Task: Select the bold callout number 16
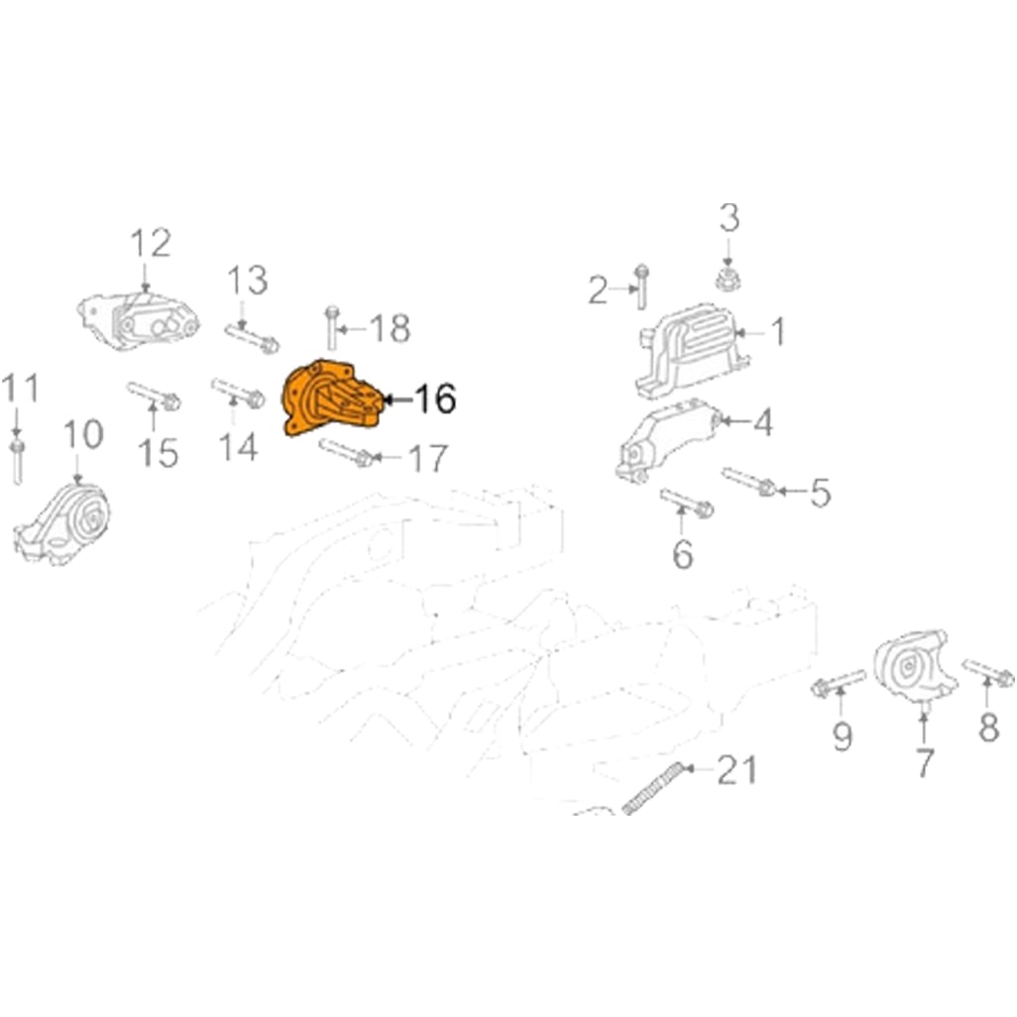435,398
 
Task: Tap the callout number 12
151,243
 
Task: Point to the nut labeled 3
729,277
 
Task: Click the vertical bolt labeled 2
641,286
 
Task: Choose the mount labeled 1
692,350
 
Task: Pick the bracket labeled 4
666,438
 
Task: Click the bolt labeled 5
748,481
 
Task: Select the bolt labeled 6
686,502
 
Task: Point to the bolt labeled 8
988,673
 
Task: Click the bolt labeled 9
838,683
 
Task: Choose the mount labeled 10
61,524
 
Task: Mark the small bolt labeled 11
17,462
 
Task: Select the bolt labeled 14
237,394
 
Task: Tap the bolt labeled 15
153,395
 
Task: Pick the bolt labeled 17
346,452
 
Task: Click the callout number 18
390,328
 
